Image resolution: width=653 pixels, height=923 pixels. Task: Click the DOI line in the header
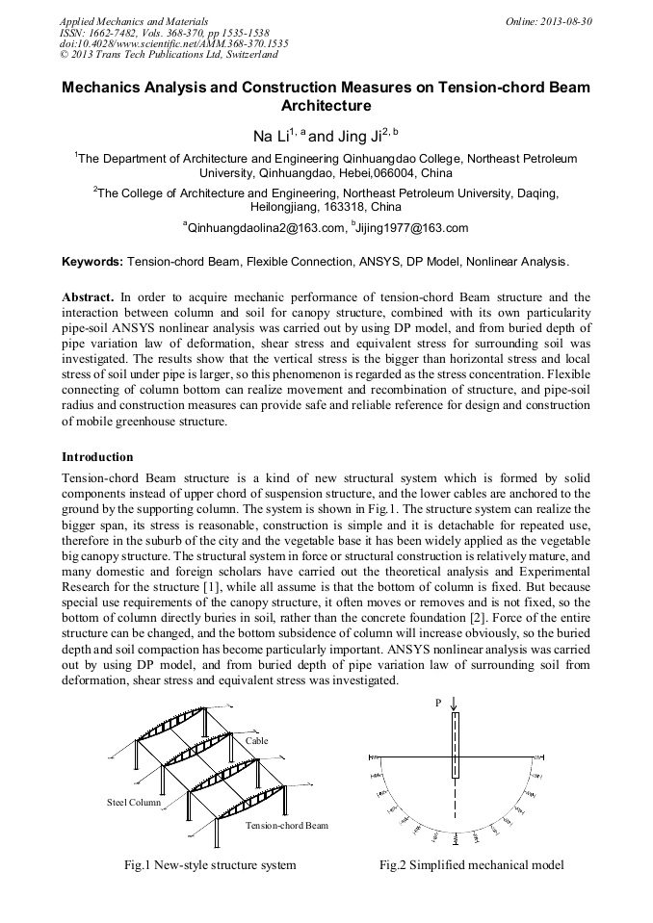tap(173, 43)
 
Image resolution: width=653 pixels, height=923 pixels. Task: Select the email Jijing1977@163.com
tap(412, 228)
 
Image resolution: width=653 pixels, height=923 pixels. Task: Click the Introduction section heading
tap(97, 456)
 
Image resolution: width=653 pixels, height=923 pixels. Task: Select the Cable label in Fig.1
tap(256, 741)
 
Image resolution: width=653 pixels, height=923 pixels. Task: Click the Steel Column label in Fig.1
tap(133, 801)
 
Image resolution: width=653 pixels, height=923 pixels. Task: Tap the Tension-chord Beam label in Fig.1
tap(286, 826)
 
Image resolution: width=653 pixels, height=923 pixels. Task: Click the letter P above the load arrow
tap(438, 704)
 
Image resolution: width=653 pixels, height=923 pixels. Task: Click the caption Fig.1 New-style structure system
tap(210, 865)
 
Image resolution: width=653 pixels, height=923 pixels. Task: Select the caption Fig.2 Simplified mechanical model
tap(471, 865)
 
